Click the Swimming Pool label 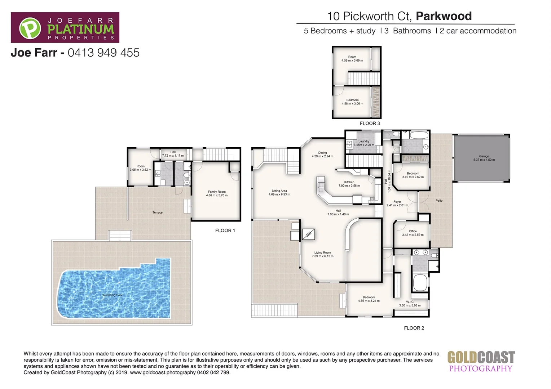tap(112, 295)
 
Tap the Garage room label tap(484, 157)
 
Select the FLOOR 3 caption tap(370, 124)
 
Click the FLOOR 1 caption tap(225, 231)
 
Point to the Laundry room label tap(364, 142)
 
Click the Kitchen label tap(349, 182)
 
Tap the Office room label tap(413, 231)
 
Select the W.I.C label tap(410, 302)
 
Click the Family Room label tap(217, 192)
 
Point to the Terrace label tap(158, 213)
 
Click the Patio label tap(439, 201)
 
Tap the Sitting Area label tap(279, 191)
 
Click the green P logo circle tap(30, 28)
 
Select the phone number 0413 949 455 tap(103, 53)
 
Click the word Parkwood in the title tap(444, 16)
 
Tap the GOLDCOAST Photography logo tap(481, 361)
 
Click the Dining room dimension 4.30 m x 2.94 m tap(322, 156)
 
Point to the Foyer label tap(397, 202)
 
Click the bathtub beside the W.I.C tap(420, 283)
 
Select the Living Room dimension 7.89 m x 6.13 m tap(322, 256)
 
